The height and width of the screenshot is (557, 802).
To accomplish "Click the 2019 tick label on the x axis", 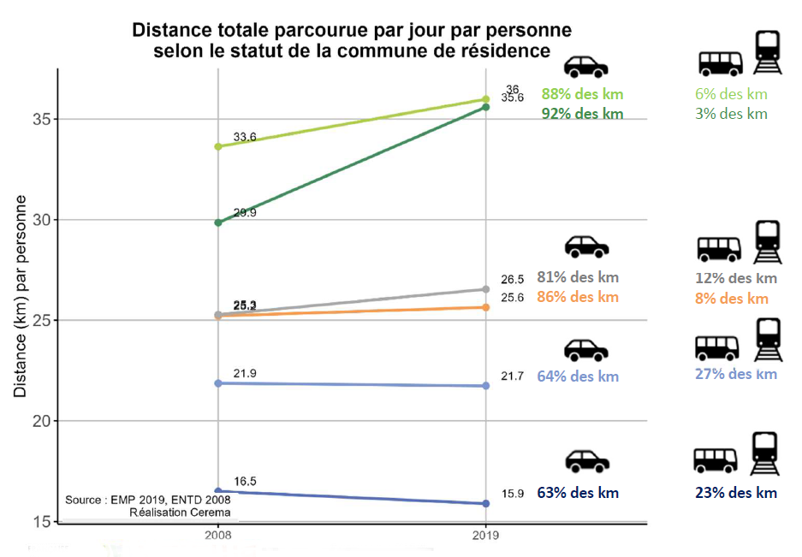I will [x=485, y=533].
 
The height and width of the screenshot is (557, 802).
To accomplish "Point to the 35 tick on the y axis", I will [x=39, y=119].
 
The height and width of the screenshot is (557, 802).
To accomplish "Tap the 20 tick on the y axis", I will [x=39, y=422].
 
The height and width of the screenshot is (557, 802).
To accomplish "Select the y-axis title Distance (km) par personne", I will [x=20, y=296].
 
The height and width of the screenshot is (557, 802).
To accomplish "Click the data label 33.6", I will [x=245, y=137].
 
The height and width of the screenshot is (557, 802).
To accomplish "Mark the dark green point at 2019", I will [x=486, y=107].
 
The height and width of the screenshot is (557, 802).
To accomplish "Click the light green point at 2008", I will [x=218, y=146].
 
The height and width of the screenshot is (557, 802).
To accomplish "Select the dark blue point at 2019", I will [x=486, y=503].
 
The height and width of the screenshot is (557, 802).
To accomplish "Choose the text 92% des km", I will [x=582, y=114].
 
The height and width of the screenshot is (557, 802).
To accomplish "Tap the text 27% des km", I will [x=736, y=374].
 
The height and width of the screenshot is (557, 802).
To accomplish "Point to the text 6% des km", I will [x=732, y=94].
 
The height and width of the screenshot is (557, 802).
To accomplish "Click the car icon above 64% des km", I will [x=585, y=349].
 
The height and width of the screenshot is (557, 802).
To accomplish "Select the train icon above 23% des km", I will [x=764, y=454].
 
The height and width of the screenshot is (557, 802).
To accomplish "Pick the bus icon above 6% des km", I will [x=721, y=62].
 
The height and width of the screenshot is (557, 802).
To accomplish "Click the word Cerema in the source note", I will [x=211, y=513].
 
